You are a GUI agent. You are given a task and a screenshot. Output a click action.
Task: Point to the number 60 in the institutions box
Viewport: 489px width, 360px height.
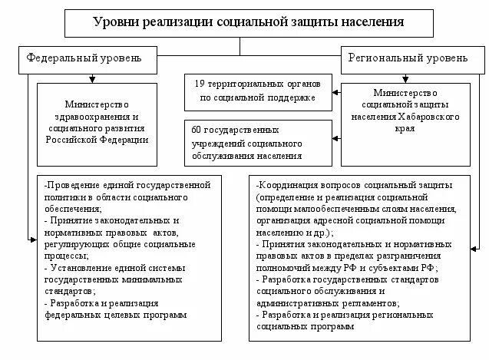197,130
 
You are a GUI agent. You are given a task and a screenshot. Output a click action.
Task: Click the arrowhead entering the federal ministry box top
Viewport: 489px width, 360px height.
91,78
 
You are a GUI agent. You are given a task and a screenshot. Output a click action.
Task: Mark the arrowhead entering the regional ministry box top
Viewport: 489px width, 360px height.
408,78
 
